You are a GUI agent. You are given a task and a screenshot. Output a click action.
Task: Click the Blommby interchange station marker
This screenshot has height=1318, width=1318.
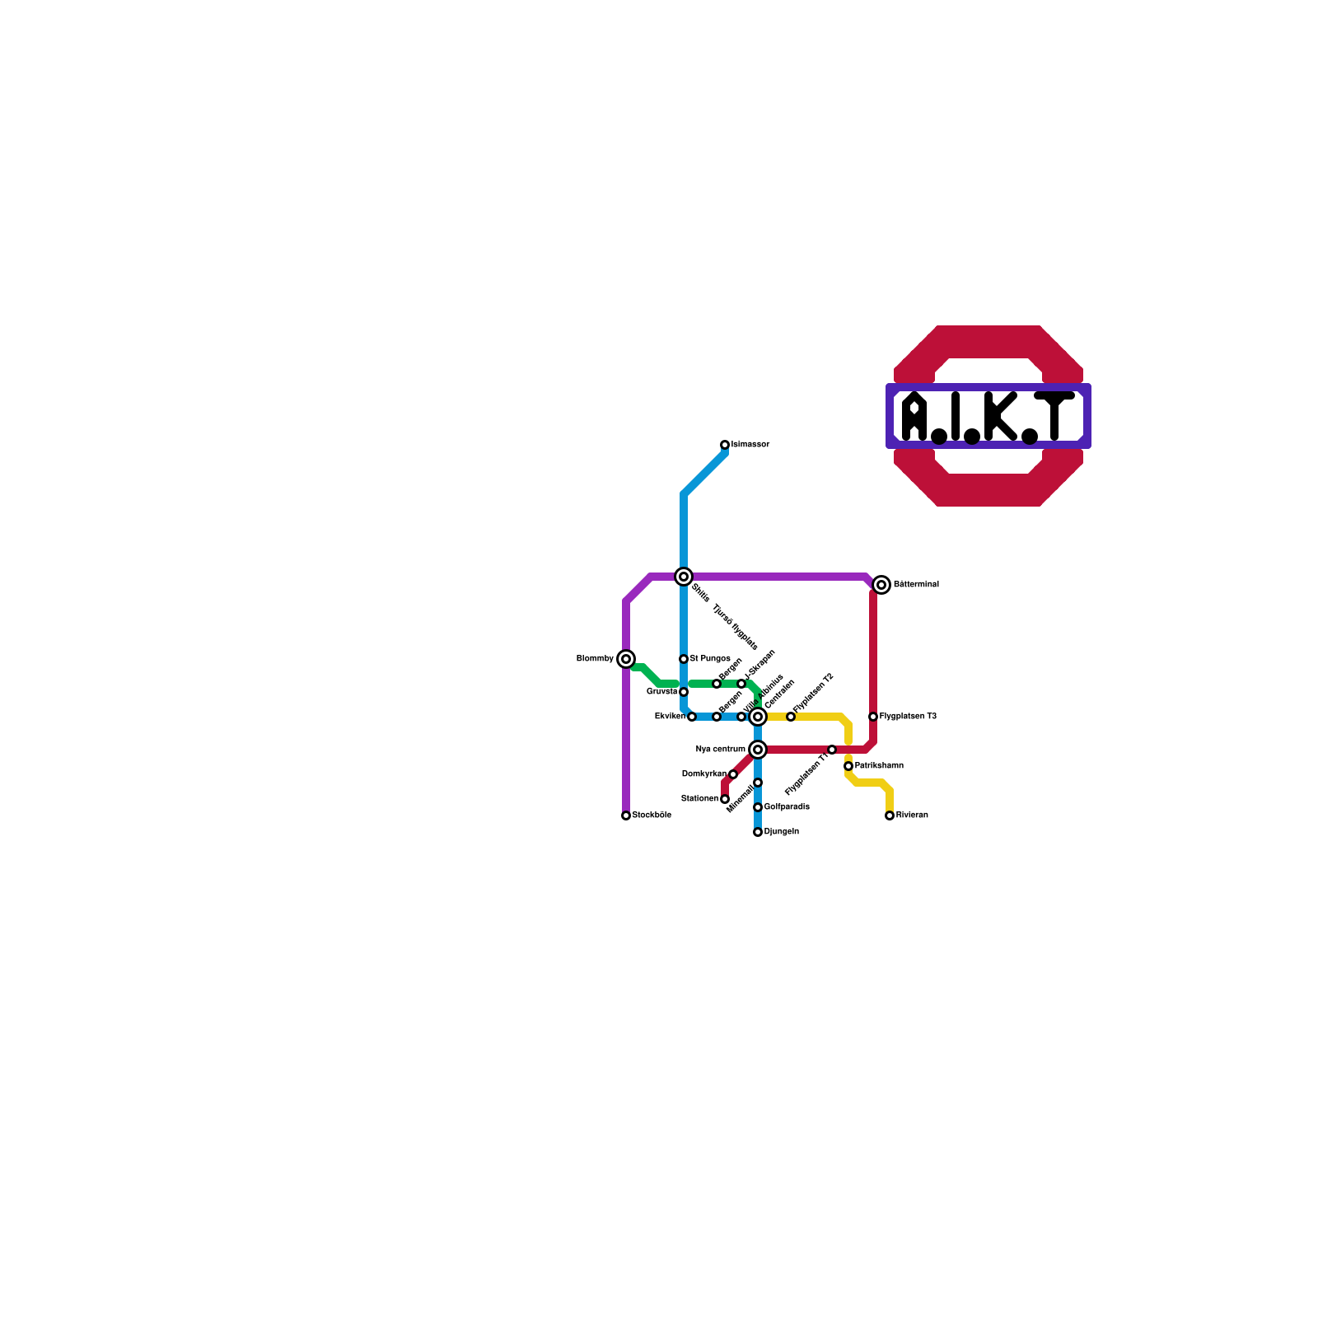626,659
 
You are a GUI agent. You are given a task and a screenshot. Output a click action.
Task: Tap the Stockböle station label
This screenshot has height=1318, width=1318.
652,816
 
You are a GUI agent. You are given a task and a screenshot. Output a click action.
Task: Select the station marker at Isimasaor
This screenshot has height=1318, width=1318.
725,445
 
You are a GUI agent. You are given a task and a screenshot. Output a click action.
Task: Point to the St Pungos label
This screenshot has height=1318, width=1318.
710,659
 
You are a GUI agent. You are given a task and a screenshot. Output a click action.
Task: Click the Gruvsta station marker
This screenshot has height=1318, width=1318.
684,692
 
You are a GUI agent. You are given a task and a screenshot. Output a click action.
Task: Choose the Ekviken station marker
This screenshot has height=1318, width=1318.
692,717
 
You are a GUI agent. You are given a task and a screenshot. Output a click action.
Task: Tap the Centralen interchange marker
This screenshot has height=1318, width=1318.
758,717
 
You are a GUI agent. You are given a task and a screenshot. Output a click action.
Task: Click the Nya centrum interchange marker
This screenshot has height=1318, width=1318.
758,750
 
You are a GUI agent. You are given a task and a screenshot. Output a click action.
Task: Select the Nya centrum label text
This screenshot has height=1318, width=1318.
720,750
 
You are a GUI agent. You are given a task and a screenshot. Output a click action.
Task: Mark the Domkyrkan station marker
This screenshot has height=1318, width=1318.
733,774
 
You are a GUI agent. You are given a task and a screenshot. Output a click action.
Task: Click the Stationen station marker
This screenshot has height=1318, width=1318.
725,799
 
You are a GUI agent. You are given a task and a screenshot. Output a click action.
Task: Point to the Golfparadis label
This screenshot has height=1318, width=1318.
787,807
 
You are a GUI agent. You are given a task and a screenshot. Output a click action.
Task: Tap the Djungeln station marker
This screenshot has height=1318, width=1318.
758,832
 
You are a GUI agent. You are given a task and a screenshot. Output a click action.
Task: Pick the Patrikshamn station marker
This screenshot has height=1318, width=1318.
848,766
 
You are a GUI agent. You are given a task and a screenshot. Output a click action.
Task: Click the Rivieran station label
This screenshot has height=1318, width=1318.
912,816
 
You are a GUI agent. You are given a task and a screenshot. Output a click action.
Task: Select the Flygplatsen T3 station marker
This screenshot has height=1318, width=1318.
873,717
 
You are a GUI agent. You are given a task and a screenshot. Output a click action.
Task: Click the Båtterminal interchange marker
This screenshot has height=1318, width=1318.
881,585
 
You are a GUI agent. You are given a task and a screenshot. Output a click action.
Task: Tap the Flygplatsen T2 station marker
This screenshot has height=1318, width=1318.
791,717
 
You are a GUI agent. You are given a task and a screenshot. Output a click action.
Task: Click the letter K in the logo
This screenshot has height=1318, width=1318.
1000,416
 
